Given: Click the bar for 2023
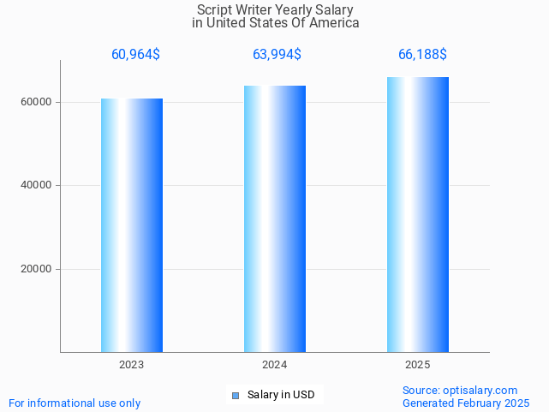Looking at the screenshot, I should coord(132,225).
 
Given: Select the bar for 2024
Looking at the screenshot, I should coord(275,218).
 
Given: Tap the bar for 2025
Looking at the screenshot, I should coord(418,214).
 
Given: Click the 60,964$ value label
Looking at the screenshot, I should coord(135,55).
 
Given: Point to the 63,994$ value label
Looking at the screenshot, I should coord(277,55).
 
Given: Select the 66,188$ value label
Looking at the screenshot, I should coord(422,55).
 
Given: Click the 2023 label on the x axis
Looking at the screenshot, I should coord(132,365).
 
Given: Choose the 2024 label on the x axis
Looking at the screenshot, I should coord(275,365).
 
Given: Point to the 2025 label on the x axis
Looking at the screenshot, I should coord(418,365).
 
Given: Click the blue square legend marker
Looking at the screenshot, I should coord(236,395).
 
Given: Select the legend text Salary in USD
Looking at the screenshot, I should coord(281,395).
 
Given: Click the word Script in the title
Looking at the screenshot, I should coord(214,9).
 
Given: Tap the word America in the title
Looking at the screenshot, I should coord(332,22).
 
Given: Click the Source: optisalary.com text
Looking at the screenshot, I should coord(460,390).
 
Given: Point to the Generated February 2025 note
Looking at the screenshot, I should coord(466,403).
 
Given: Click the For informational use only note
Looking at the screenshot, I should coord(75,403).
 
